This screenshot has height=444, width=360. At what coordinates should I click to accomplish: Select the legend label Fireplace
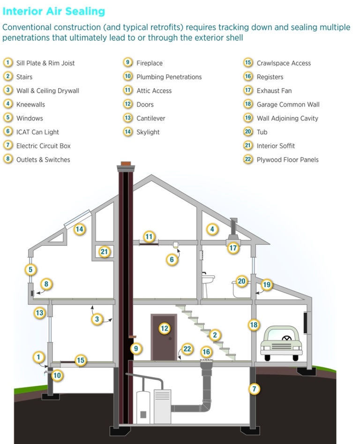point(150,63)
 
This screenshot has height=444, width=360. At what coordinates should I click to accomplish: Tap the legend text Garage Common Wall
point(288,104)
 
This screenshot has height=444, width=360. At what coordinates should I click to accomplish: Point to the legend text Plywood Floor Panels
point(287,160)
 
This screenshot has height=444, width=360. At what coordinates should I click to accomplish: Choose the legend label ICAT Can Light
point(37,132)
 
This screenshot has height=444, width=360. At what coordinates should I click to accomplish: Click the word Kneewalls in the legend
point(30,104)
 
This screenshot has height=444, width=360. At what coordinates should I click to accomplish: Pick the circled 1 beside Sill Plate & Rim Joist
point(8,63)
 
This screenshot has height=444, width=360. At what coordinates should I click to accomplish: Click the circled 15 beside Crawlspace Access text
point(248,63)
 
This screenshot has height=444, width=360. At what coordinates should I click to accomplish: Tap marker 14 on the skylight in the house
point(79,229)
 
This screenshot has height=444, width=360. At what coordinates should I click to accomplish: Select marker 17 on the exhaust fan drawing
point(233,248)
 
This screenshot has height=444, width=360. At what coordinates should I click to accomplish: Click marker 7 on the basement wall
point(254,389)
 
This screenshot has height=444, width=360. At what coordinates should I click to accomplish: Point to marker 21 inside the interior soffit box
point(104,252)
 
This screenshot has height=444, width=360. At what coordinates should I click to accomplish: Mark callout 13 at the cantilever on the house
point(40,313)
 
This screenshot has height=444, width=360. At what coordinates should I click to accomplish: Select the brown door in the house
point(164,337)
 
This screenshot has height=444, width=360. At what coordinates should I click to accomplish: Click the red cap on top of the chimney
point(126,164)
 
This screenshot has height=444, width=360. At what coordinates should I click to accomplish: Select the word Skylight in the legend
point(148,132)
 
